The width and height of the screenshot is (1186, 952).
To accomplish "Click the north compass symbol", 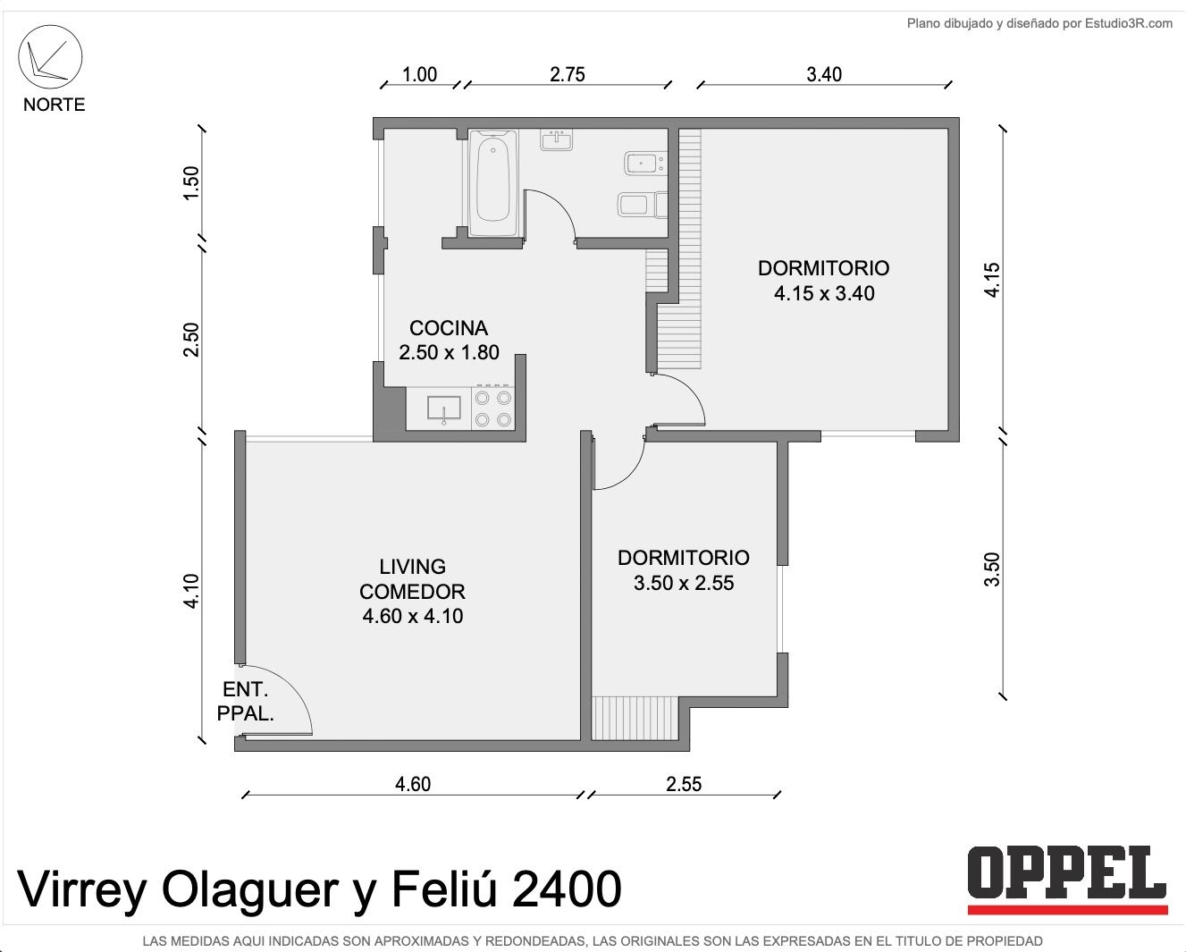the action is point(50,57).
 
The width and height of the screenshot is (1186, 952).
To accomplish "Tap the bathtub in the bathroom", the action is point(492,182).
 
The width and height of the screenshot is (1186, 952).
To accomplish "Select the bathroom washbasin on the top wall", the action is point(557,140).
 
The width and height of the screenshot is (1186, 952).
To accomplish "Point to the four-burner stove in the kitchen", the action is point(493,409).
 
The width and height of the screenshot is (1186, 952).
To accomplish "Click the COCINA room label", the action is point(449,328).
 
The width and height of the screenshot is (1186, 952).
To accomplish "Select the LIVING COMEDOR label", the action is point(412,579).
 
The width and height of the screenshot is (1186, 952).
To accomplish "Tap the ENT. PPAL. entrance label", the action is point(245,701).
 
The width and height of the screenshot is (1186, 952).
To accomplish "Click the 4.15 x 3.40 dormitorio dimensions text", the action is point(824,293).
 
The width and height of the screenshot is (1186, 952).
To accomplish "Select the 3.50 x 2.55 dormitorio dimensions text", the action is point(684,583).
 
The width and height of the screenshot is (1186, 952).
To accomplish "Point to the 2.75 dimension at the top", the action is point(568,74).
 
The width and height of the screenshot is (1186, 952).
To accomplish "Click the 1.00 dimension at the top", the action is point(419,74).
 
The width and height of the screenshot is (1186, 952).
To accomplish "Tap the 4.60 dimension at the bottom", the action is point(413,784).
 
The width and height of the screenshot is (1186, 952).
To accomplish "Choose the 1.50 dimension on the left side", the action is point(190,183).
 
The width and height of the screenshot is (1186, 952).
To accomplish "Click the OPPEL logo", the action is point(1067,880).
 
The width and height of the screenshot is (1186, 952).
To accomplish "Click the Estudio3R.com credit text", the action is point(1129,23).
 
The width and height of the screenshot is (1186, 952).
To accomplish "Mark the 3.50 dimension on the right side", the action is point(992,569).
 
